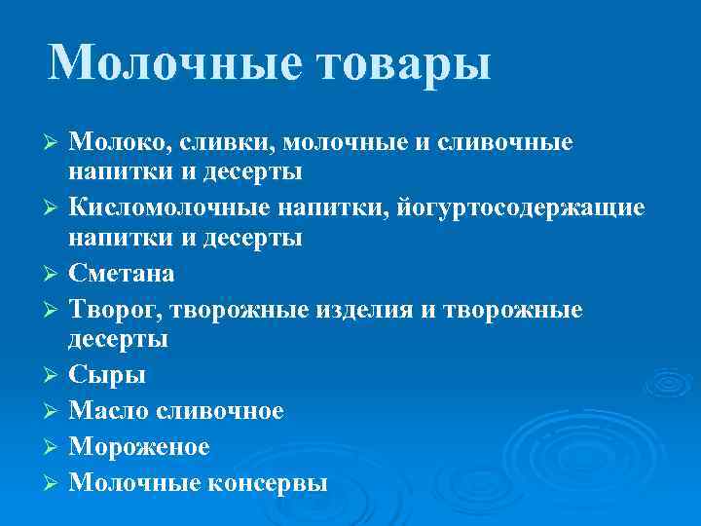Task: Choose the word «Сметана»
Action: point(122,275)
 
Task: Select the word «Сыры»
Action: point(107,376)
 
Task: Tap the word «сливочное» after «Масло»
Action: point(222,411)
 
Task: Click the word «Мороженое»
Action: point(139,446)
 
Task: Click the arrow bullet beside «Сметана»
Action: point(54,275)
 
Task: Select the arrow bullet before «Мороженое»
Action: point(54,447)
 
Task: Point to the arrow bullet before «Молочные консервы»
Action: point(54,482)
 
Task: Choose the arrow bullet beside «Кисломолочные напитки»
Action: point(54,207)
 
